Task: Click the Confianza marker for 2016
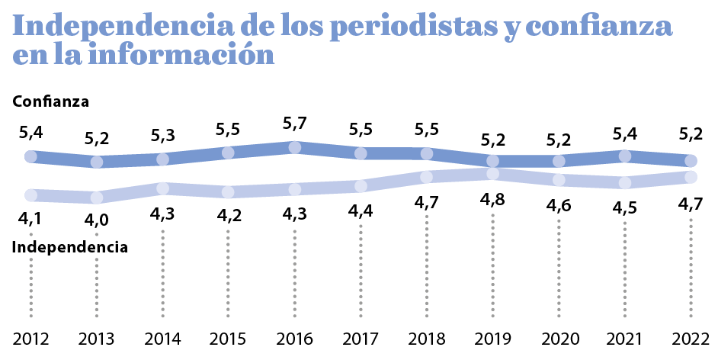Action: click(x=294, y=147)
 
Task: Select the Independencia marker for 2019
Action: click(x=493, y=173)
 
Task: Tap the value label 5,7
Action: click(x=294, y=123)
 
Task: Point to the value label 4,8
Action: click(x=493, y=201)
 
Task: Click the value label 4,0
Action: click(x=97, y=221)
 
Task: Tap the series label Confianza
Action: click(x=51, y=101)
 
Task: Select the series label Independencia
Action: click(x=69, y=247)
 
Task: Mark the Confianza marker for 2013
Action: click(x=97, y=162)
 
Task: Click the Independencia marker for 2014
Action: click(x=162, y=188)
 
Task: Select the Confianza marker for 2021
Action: click(x=625, y=156)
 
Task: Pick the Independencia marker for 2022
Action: click(x=691, y=177)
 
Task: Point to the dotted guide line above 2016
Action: click(x=294, y=275)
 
